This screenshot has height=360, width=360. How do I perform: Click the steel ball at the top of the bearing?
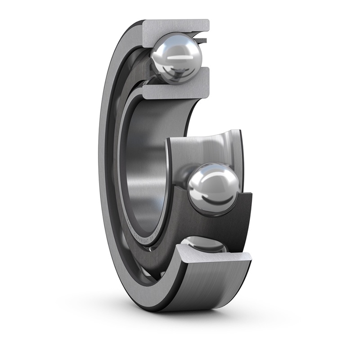coord(176,57)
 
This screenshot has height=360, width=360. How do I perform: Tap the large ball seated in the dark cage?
coord(213,188)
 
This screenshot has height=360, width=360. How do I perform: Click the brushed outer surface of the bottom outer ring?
coord(207,288)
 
